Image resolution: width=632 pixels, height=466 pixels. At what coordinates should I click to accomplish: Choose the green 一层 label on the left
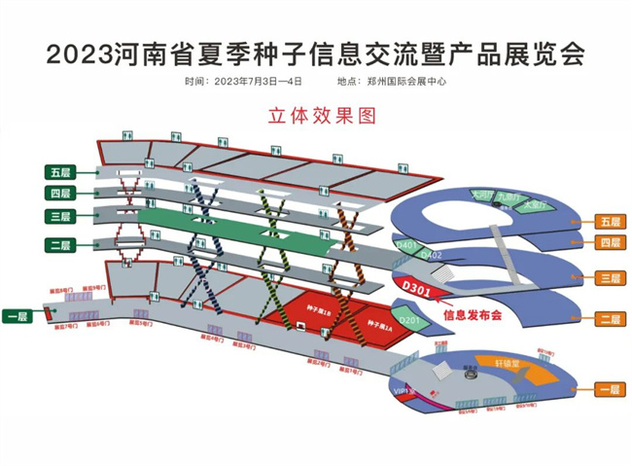point(18,316)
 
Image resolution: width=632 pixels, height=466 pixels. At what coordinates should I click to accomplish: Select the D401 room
point(406,245)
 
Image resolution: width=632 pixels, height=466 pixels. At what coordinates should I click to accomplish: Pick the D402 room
point(434,255)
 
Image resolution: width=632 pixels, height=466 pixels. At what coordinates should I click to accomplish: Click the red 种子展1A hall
point(378,328)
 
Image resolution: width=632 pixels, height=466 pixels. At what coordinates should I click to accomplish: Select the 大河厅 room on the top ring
point(481,195)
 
